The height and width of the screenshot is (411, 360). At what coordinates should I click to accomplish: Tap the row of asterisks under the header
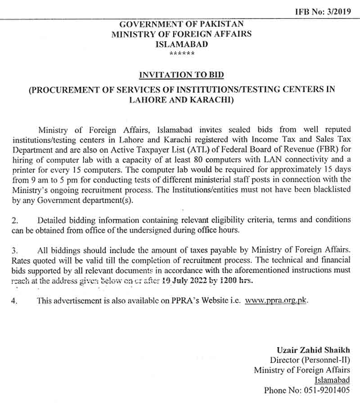182,54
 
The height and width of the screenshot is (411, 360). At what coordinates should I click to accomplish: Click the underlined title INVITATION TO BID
181,75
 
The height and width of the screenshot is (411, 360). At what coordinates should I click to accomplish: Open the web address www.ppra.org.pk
276,300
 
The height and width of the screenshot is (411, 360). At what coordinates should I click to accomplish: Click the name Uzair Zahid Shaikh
313,350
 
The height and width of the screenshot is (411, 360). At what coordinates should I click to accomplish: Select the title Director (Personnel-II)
310,360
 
